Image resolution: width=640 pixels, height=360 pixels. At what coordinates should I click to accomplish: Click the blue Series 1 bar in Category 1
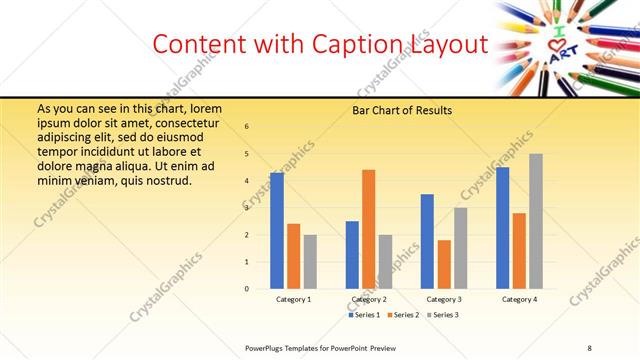(x=277, y=231)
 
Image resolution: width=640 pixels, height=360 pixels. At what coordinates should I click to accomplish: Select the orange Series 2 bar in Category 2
(x=368, y=229)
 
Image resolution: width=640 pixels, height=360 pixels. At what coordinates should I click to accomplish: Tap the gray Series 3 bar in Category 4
(x=536, y=221)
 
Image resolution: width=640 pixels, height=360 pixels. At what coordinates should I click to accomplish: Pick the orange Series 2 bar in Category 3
(x=444, y=264)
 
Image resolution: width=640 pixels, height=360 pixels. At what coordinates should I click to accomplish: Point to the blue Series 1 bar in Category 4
(x=502, y=228)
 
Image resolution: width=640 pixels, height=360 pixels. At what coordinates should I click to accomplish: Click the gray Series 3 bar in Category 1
(x=310, y=262)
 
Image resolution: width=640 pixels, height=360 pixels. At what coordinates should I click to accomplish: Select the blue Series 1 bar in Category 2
(x=352, y=255)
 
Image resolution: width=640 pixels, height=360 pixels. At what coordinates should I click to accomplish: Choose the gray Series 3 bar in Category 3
(x=460, y=248)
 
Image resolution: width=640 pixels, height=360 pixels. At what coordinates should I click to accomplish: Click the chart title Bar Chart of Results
(x=403, y=110)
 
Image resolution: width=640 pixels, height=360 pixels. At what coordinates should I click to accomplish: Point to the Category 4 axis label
(x=519, y=299)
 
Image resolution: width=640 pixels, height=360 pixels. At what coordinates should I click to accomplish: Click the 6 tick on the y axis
(x=247, y=127)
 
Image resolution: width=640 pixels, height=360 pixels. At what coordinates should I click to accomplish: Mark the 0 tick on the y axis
(x=247, y=289)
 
